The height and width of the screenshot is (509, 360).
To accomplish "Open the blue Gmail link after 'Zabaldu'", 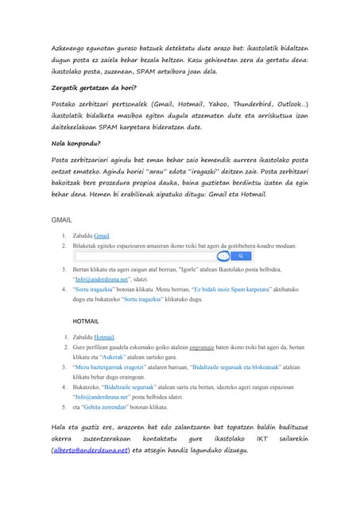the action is tap(101, 236).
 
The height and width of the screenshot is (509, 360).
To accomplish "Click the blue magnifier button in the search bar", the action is tap(241, 257).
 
